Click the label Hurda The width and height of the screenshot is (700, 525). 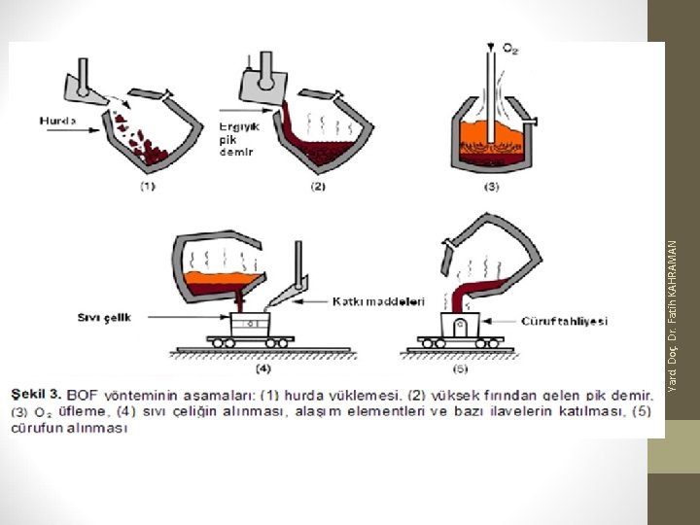57,121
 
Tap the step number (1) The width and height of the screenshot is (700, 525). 148,188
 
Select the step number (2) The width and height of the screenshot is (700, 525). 318,188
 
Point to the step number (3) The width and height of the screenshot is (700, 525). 491,187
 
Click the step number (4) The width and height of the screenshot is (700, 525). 263,369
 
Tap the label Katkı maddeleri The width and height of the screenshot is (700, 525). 379,301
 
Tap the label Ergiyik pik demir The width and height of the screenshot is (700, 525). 235,139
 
